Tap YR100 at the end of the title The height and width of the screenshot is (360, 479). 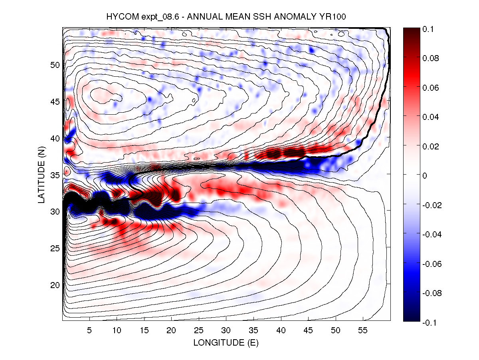coord(337,17)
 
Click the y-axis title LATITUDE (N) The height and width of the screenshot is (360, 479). coord(42,174)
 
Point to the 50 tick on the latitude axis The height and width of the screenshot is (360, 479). coord(55,65)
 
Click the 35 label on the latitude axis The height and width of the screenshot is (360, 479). coord(55,175)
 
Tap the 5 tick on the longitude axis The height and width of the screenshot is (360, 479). coord(89,331)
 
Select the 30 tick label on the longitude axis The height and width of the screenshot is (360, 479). coord(226,331)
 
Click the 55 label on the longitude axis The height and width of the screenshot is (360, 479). coord(363,331)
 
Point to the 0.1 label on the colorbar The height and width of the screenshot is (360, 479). coord(428,29)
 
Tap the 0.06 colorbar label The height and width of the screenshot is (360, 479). coord(430,88)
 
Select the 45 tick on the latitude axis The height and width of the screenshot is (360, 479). coord(55,101)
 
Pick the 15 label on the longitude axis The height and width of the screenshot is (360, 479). coord(144,331)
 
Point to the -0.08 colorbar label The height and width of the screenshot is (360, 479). coord(431,293)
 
